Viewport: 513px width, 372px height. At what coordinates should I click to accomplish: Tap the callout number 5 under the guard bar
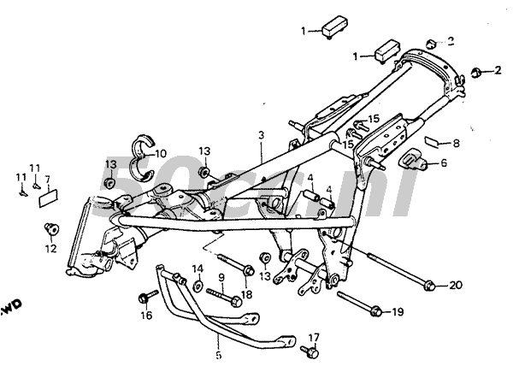click(217, 355)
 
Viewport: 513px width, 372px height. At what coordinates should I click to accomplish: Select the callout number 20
click(455, 285)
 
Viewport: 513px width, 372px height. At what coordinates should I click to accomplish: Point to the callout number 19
click(398, 313)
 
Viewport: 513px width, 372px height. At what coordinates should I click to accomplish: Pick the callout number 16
click(145, 315)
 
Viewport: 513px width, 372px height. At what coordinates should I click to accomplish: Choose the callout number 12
click(50, 249)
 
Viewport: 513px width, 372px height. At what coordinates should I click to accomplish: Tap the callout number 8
click(456, 144)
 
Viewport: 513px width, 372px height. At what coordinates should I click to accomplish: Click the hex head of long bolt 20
click(430, 285)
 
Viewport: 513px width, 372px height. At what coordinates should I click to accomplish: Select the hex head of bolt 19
click(374, 312)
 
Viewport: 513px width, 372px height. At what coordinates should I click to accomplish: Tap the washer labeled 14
click(198, 286)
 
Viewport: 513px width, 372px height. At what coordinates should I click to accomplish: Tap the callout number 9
click(221, 277)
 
